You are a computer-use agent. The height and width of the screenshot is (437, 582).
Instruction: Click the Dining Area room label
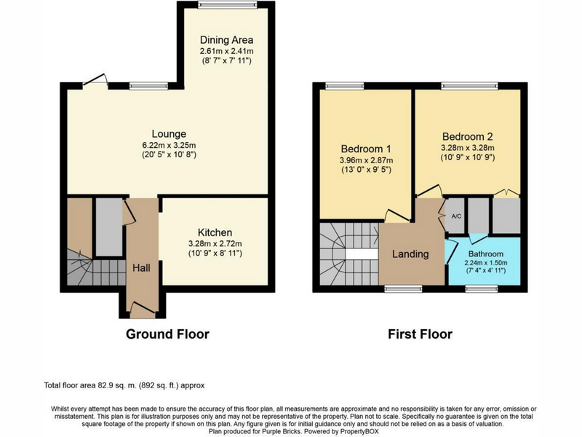[x=226, y=40]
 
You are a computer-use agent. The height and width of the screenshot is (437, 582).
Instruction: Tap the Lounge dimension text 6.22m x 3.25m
[x=169, y=145]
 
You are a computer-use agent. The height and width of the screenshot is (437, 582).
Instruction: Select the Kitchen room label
[x=215, y=232]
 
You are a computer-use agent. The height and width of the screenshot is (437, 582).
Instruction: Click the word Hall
[x=141, y=268]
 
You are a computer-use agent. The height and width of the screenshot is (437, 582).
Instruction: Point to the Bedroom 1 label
[x=366, y=149]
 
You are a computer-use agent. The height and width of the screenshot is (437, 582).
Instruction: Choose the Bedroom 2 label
[x=468, y=136]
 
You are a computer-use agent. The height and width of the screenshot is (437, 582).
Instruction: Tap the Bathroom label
[x=486, y=253]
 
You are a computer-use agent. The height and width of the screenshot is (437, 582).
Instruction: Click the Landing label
[x=410, y=253]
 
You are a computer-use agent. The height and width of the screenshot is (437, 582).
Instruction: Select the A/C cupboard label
[x=456, y=216]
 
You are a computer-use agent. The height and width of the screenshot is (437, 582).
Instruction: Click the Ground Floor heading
[x=167, y=334]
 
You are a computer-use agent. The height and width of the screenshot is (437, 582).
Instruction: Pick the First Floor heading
[x=420, y=334]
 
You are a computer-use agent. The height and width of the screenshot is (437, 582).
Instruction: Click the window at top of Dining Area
[x=228, y=5]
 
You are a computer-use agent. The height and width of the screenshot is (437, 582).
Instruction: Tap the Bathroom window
[x=482, y=288]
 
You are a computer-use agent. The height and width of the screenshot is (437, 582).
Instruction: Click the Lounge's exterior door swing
[x=96, y=81]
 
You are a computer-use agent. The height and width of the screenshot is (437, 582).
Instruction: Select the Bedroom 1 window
[x=344, y=86]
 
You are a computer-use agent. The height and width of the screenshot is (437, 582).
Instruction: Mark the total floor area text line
[x=124, y=385]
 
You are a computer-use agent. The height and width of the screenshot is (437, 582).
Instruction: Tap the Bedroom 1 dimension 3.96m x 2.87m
[x=366, y=160]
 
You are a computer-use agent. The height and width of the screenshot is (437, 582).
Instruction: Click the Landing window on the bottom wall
[x=403, y=288]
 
